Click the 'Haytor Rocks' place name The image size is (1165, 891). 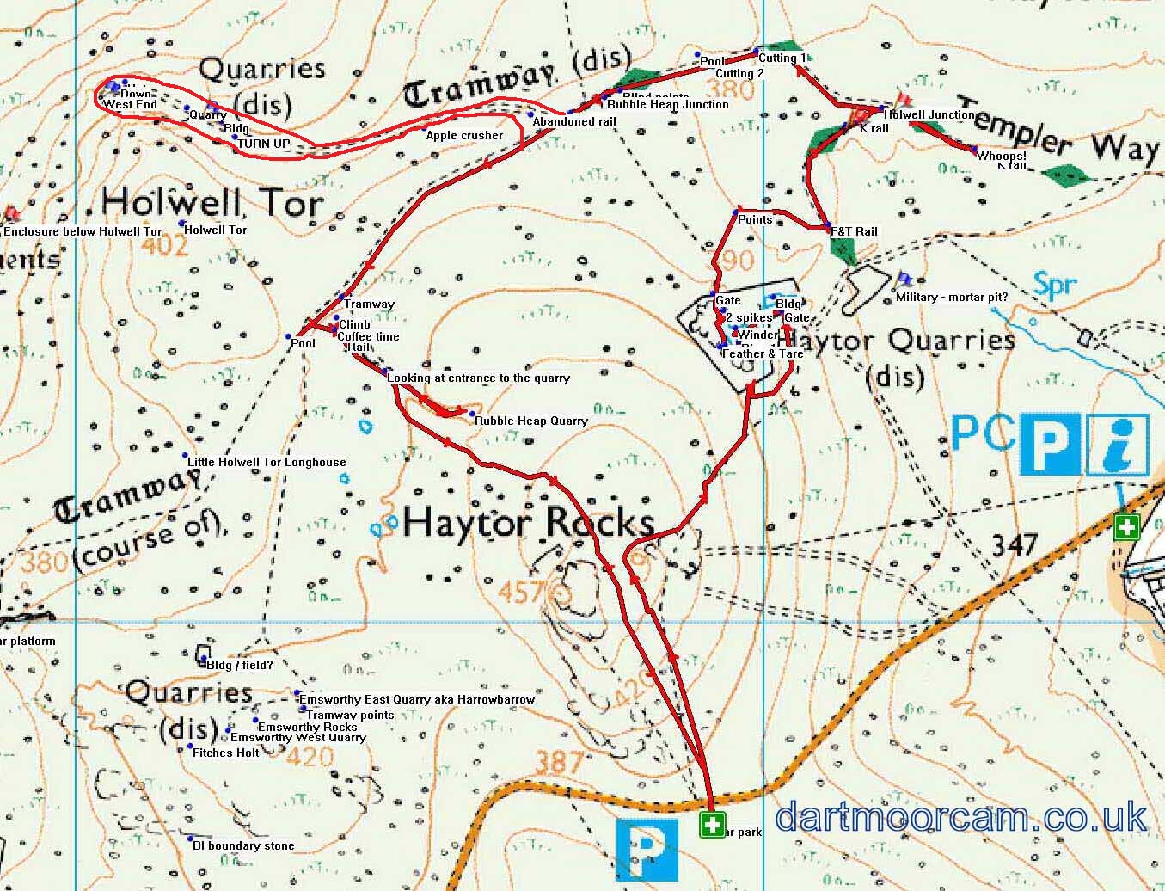528,522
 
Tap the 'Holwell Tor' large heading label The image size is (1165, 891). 212,204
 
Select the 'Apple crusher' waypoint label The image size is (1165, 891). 464,135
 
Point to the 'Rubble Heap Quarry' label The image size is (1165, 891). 531,421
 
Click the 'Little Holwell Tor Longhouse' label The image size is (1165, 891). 267,462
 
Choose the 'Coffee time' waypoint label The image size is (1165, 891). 368,336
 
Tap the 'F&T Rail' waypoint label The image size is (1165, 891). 854,231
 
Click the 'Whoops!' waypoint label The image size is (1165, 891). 1002,157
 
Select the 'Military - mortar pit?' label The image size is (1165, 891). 952,297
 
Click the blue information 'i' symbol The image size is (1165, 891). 1117,445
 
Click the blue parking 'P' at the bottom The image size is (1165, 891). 647,849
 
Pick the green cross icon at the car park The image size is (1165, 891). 712,825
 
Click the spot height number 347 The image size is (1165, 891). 1015,544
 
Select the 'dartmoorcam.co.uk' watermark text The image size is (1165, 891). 960,817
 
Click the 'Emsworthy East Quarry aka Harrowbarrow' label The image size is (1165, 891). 417,699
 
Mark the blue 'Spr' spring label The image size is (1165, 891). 1054,285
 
